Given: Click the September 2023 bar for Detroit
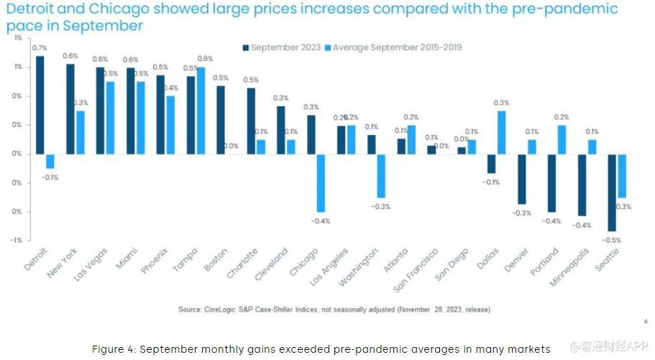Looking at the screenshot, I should click(x=40, y=105).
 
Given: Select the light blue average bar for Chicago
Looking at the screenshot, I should click(x=321, y=183).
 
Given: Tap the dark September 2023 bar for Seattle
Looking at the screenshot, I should click(x=611, y=192).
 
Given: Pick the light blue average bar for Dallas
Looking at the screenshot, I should click(x=501, y=132).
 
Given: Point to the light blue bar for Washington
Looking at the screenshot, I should click(x=381, y=175).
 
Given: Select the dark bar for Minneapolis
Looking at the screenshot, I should click(x=582, y=185).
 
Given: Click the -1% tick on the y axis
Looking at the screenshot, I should click(x=15, y=240).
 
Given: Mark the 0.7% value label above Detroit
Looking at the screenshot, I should click(x=40, y=48).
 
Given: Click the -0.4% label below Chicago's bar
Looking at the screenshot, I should click(x=321, y=221).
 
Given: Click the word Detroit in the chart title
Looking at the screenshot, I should click(x=29, y=9).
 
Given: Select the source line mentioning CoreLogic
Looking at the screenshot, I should click(x=334, y=309).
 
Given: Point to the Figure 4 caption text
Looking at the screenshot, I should click(x=321, y=349).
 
